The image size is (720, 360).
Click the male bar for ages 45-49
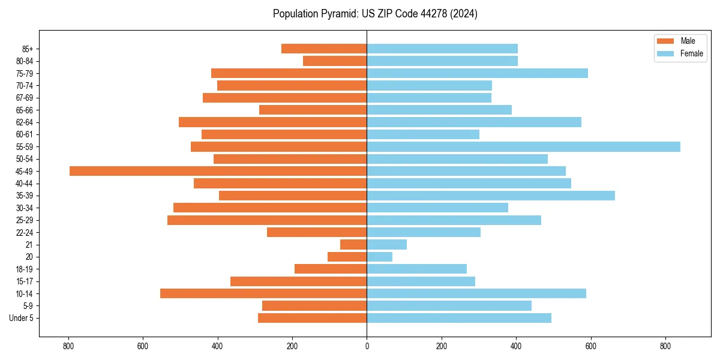(x=218, y=171)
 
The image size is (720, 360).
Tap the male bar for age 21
(x=353, y=245)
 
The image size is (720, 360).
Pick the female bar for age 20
(x=379, y=257)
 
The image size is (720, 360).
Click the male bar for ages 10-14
(x=263, y=293)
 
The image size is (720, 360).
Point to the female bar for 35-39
(x=491, y=196)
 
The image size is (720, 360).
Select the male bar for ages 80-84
(x=335, y=61)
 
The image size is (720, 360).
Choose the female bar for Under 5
(x=459, y=318)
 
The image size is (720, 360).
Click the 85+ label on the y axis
(x=27, y=49)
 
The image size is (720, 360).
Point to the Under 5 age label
(x=21, y=318)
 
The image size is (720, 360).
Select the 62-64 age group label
(x=25, y=122)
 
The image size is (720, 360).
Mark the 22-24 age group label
(x=25, y=232)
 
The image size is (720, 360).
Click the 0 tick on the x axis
(x=367, y=346)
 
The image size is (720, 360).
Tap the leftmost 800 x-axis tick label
(x=68, y=346)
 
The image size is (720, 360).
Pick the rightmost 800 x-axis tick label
(x=665, y=346)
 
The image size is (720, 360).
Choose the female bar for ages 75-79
(x=477, y=73)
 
